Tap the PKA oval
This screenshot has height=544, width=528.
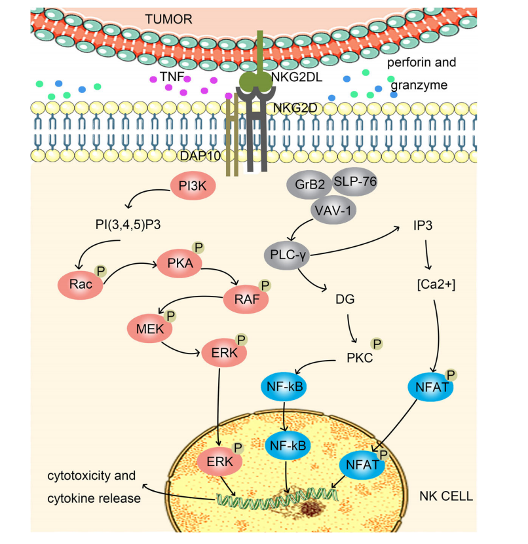point(177,263)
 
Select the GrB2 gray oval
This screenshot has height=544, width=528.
point(305,185)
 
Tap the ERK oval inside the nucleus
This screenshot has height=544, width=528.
point(219,460)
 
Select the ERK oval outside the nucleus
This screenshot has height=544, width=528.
point(222,353)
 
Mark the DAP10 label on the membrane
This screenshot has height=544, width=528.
point(200,155)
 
